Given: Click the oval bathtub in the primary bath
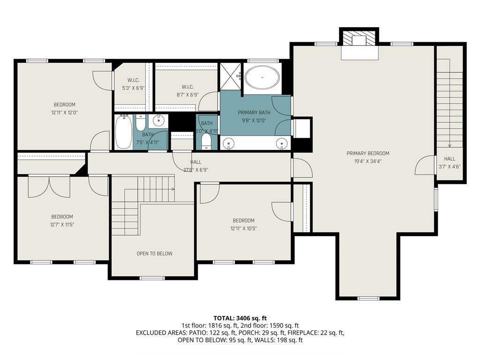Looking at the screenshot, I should [x=262, y=77].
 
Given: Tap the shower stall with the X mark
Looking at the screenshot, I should [x=230, y=76].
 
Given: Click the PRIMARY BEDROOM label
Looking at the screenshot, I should [x=367, y=153].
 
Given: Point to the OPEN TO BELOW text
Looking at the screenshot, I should [x=154, y=254].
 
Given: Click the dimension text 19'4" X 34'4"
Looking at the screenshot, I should [x=367, y=161].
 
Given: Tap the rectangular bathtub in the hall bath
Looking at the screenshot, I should [x=123, y=132].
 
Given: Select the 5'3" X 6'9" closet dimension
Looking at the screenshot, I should [x=133, y=88].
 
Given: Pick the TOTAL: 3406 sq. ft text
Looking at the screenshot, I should [x=240, y=318].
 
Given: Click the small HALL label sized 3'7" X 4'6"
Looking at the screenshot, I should [x=450, y=159].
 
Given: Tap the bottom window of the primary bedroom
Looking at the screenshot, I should [x=368, y=298].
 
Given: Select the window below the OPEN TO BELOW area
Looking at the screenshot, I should [x=152, y=278].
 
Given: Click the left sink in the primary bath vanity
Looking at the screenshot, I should [x=229, y=142].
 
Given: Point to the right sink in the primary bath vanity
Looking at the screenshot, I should [x=281, y=142].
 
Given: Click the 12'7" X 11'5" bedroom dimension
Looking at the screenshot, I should [x=62, y=224].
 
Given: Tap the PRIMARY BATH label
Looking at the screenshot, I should [x=254, y=112].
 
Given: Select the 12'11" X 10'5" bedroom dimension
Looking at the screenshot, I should [x=243, y=228].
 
